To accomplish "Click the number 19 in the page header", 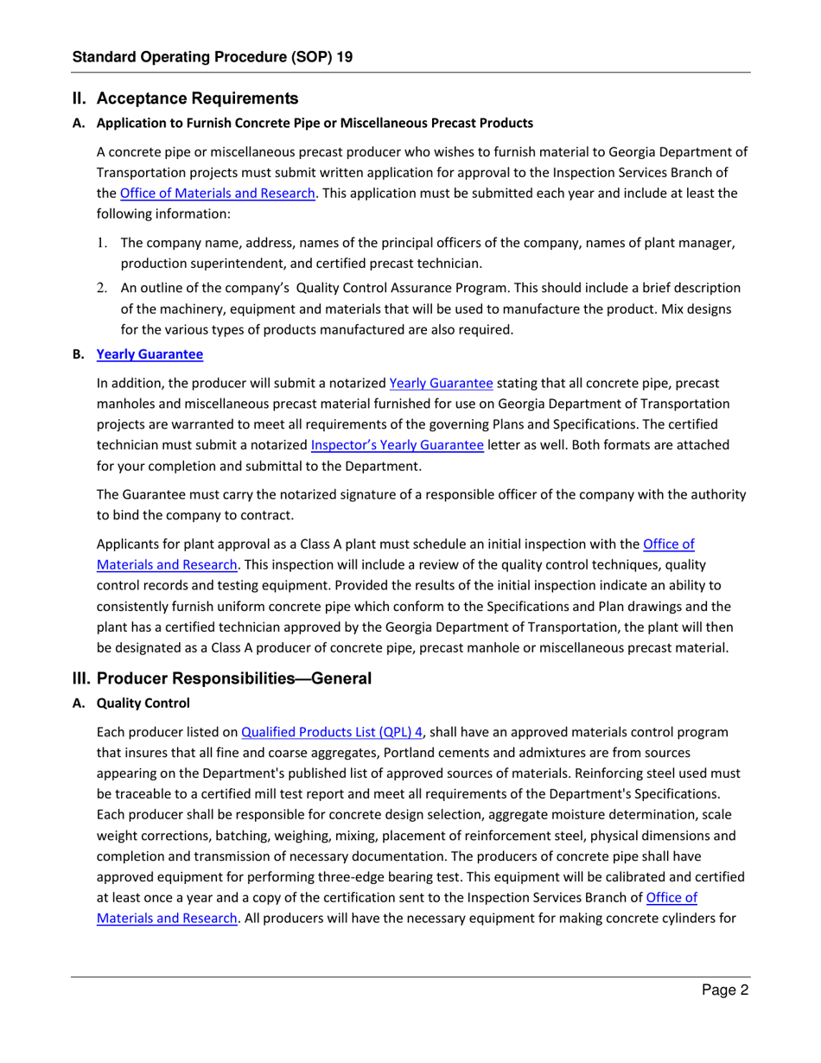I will tap(344, 57).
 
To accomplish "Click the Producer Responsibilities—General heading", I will tap(222, 678).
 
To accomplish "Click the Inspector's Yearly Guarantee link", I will tap(397, 446).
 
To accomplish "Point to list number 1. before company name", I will tap(101, 243).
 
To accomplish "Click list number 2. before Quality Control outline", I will tap(101, 288).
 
